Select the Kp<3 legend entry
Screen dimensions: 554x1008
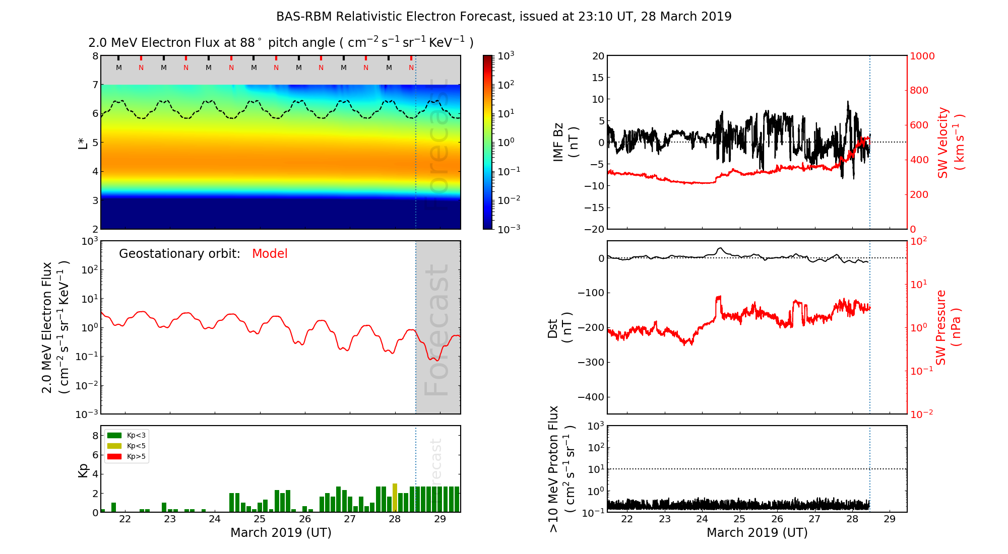[127, 435]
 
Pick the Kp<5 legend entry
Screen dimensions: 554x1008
[127, 446]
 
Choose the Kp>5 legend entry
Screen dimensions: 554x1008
[127, 457]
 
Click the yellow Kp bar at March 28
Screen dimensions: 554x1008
[395, 498]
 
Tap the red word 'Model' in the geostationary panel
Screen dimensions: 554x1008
[270, 254]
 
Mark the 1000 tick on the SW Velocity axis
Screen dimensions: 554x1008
[922, 56]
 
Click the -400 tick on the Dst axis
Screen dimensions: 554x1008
[591, 397]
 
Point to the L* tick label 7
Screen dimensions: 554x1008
[95, 85]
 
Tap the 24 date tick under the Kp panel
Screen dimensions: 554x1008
[215, 519]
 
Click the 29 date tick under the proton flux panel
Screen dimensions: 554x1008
[890, 519]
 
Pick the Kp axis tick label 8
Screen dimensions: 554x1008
[95, 436]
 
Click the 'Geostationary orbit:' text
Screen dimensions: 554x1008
[179, 254]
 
